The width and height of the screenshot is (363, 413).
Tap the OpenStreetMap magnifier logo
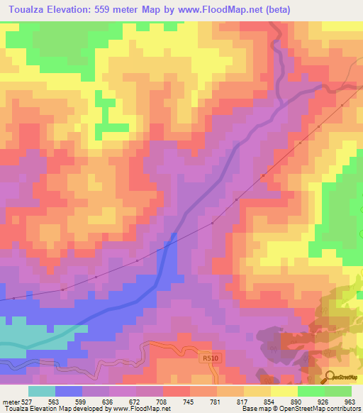click(x=330, y=376)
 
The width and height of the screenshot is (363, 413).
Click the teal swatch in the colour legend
click(x=41, y=391)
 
